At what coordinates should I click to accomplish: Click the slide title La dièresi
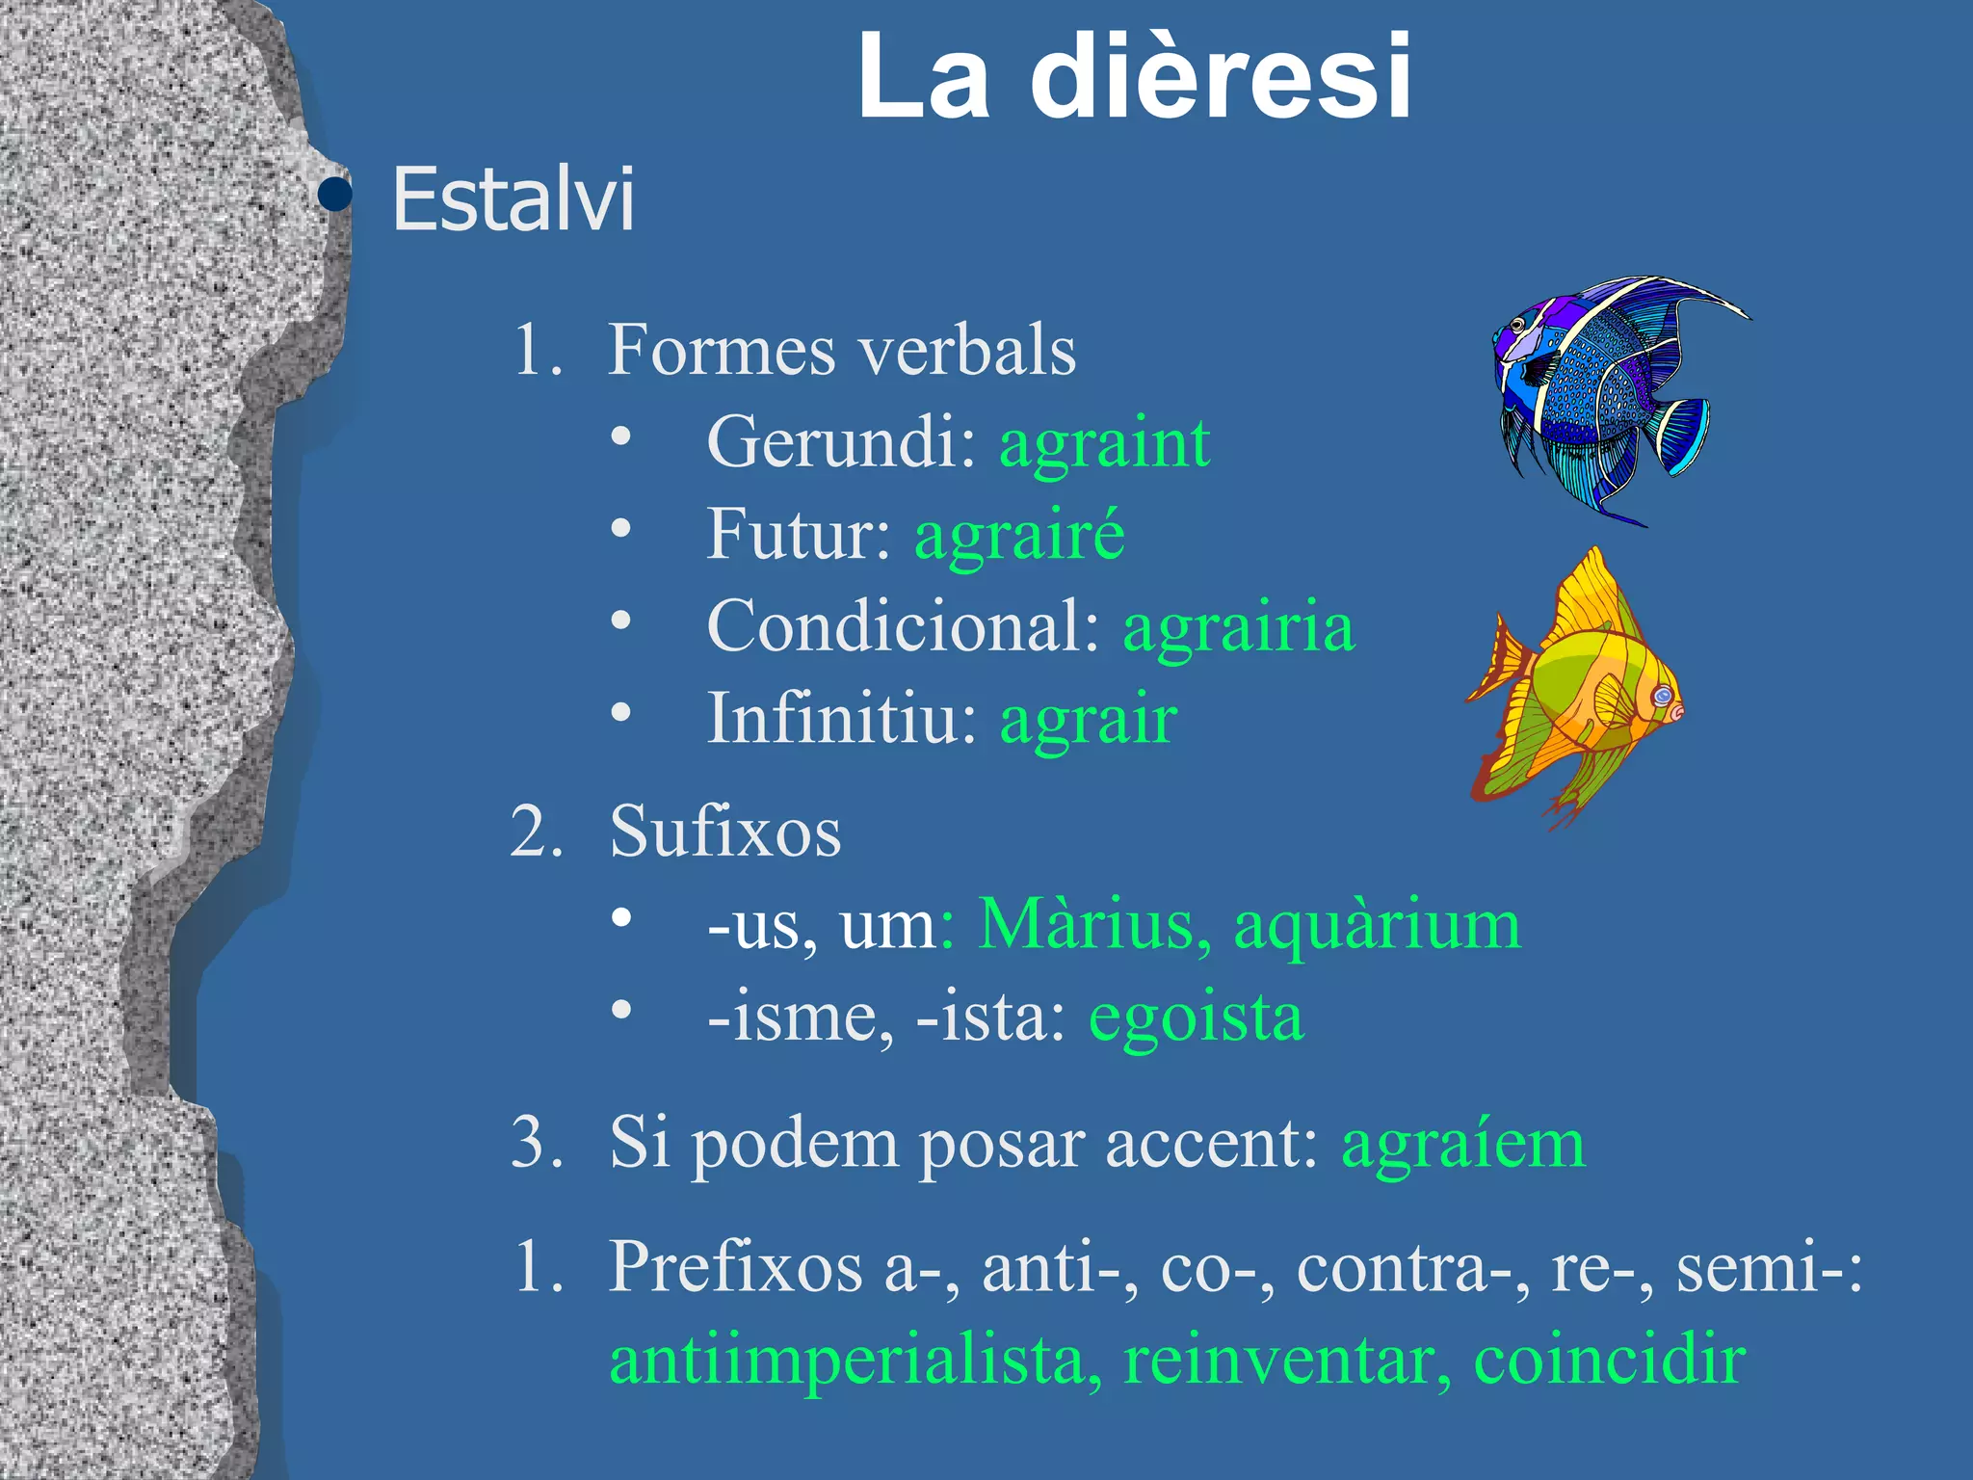[x=1134, y=77]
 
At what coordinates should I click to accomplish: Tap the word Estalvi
[x=513, y=199]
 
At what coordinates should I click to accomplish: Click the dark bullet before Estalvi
[x=334, y=195]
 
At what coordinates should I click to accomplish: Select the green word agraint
[x=1104, y=443]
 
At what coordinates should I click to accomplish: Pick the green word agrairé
[x=1019, y=535]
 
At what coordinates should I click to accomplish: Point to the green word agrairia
[x=1239, y=626]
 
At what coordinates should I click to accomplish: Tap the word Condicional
[x=904, y=626]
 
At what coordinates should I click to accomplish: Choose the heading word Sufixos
[x=725, y=831]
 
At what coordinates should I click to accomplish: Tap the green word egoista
[x=1197, y=1017]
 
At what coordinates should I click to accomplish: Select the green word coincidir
[x=1609, y=1361]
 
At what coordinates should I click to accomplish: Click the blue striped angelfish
[x=1609, y=395]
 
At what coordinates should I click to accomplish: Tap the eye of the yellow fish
[x=1663, y=695]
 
